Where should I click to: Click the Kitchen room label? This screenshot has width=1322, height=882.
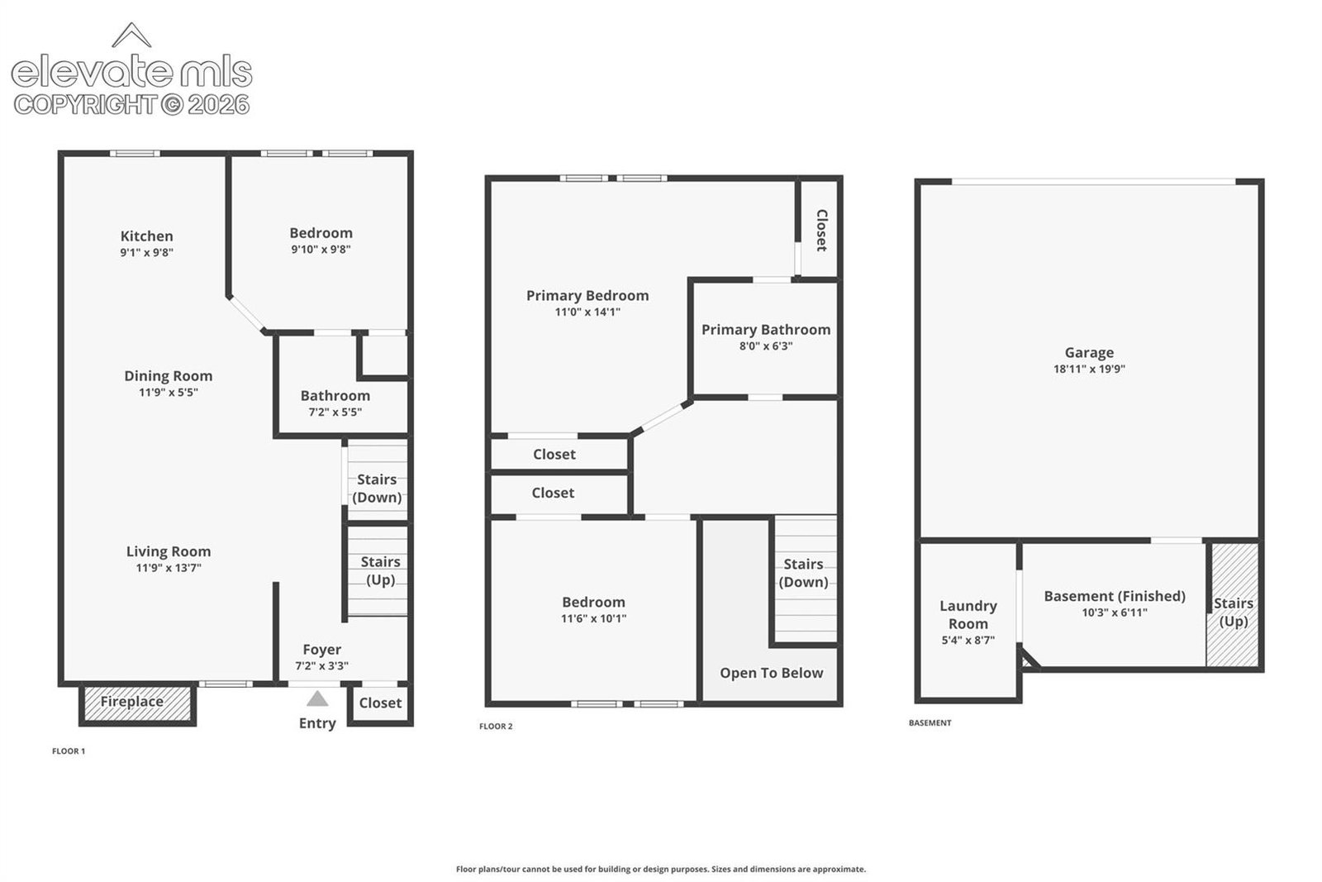pyautogui.click(x=146, y=236)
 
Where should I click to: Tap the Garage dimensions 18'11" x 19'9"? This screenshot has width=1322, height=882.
pyautogui.click(x=1089, y=369)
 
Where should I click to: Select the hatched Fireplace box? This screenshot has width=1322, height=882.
pyautogui.click(x=137, y=703)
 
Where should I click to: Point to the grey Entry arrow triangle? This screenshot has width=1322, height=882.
pyautogui.click(x=317, y=698)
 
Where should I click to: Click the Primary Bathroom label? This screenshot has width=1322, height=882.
pyautogui.click(x=765, y=330)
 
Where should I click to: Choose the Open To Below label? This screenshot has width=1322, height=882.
pyautogui.click(x=771, y=673)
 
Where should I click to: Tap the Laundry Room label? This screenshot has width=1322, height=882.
pyautogui.click(x=968, y=614)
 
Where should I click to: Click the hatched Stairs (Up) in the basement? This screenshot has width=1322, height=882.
pyautogui.click(x=1233, y=605)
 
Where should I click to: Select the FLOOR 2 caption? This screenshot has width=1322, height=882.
pyautogui.click(x=496, y=726)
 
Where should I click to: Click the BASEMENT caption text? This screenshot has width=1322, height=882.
pyautogui.click(x=930, y=722)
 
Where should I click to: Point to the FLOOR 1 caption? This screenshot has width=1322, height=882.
pyautogui.click(x=69, y=751)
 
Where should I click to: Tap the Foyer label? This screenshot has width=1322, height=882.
pyautogui.click(x=321, y=650)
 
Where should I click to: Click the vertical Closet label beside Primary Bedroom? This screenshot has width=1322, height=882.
pyautogui.click(x=821, y=231)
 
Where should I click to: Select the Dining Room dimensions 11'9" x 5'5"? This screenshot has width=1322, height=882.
pyautogui.click(x=169, y=393)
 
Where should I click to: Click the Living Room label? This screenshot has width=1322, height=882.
pyautogui.click(x=169, y=551)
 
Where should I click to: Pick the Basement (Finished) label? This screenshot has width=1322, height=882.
pyautogui.click(x=1115, y=596)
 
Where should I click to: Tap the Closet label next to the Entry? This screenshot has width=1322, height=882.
pyautogui.click(x=380, y=703)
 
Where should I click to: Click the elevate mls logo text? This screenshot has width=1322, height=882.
pyautogui.click(x=131, y=73)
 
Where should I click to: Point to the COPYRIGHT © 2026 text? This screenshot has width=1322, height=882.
pyautogui.click(x=131, y=105)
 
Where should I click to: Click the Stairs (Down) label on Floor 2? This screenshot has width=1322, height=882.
pyautogui.click(x=803, y=573)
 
